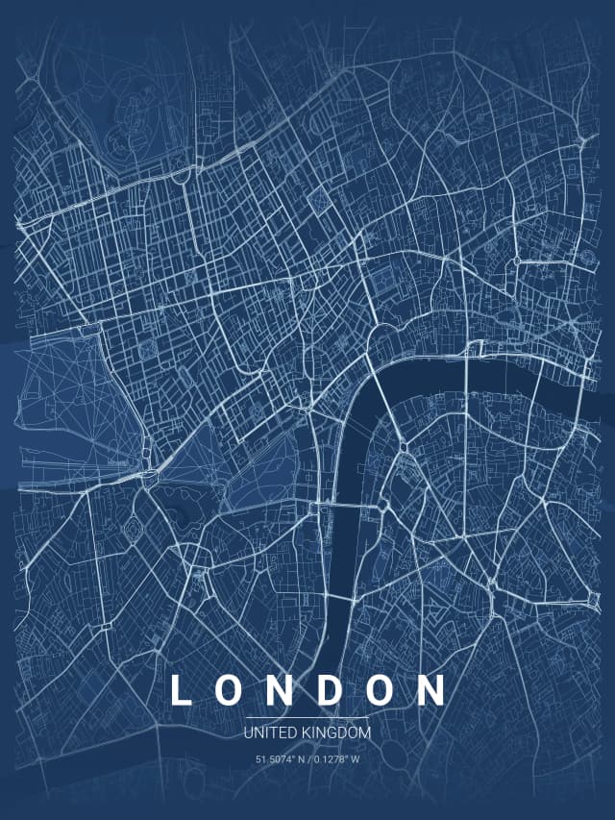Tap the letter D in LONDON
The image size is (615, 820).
tap(332, 691)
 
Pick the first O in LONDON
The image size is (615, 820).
tap(231, 691)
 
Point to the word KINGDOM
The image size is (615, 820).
tap(333, 733)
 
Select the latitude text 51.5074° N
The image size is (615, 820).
tap(280, 759)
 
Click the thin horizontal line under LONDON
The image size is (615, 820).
tap(307, 717)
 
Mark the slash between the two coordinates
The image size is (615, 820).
tap(309, 759)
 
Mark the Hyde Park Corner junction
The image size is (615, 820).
tap(151, 474)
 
